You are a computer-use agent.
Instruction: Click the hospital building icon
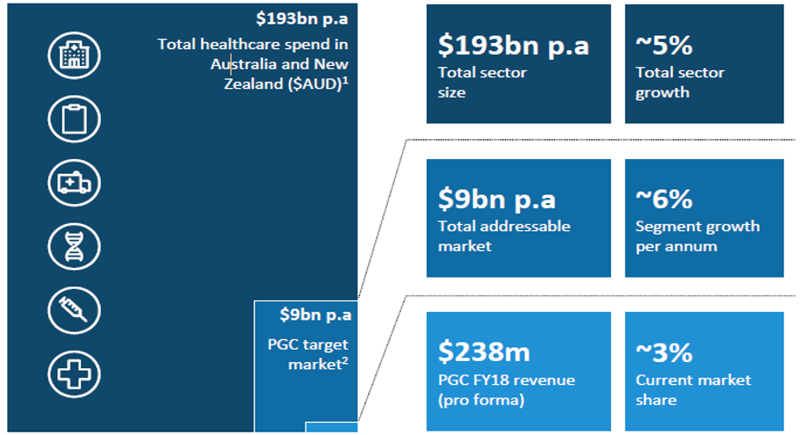click(74, 55)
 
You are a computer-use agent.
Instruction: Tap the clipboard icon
click(74, 119)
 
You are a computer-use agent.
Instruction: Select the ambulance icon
click(74, 183)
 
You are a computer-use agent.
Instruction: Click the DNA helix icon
click(74, 247)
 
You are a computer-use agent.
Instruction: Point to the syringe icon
click(74, 310)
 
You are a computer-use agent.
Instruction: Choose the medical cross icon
click(74, 374)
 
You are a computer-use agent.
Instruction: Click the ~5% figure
click(664, 46)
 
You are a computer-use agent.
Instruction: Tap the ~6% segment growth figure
click(664, 199)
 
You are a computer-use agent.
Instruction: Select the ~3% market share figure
click(664, 352)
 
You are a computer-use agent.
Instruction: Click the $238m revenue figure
click(484, 352)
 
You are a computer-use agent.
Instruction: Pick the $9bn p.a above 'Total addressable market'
click(496, 199)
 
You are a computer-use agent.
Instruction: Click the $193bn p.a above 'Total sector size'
click(513, 46)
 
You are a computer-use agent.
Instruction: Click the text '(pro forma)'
click(481, 400)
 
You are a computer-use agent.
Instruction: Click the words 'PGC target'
click(308, 345)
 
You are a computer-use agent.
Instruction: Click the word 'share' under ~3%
click(656, 400)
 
